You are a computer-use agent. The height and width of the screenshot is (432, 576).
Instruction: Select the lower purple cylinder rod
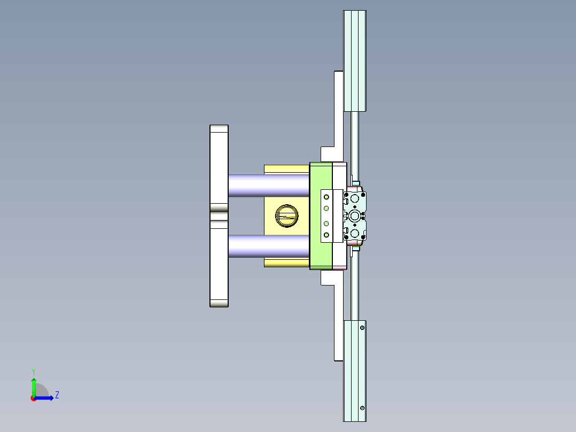point(269,246)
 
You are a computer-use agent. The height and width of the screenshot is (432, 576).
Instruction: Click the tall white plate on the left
point(219,160)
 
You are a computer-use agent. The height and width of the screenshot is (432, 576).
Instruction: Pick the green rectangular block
point(321,176)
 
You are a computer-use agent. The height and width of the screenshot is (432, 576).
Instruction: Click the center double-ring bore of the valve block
point(355,215)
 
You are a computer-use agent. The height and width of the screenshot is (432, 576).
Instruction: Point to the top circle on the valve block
point(355,199)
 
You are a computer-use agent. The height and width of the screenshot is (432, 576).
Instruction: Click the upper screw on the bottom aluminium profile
point(362,328)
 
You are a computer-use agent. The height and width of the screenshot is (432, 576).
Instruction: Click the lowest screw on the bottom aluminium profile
point(362,408)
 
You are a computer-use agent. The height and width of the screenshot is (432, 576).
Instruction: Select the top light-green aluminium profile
point(354,60)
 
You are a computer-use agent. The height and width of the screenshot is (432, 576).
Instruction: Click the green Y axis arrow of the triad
point(34,385)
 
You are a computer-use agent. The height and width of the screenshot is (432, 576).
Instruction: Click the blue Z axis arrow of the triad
point(46,398)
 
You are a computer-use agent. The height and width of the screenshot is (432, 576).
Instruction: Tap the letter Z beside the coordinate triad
point(57,395)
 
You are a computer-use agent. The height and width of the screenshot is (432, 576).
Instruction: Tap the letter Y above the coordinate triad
point(33,372)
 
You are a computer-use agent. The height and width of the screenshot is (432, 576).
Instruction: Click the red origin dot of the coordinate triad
point(33,398)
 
